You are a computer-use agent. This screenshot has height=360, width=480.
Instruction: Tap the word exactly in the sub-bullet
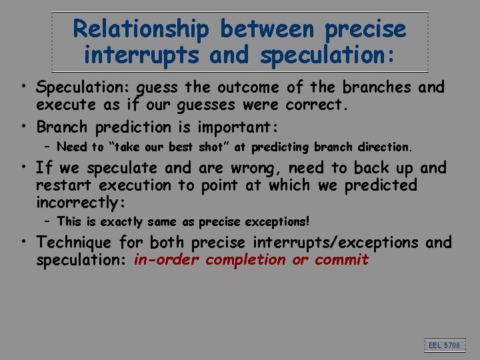[121, 221]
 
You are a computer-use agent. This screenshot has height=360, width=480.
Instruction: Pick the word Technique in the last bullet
[74, 243]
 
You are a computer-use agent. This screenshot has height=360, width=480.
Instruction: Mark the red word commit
[341, 259]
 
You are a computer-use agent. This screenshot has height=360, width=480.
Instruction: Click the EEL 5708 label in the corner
[444, 345]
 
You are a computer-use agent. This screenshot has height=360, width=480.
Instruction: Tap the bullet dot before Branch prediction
[23, 126]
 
